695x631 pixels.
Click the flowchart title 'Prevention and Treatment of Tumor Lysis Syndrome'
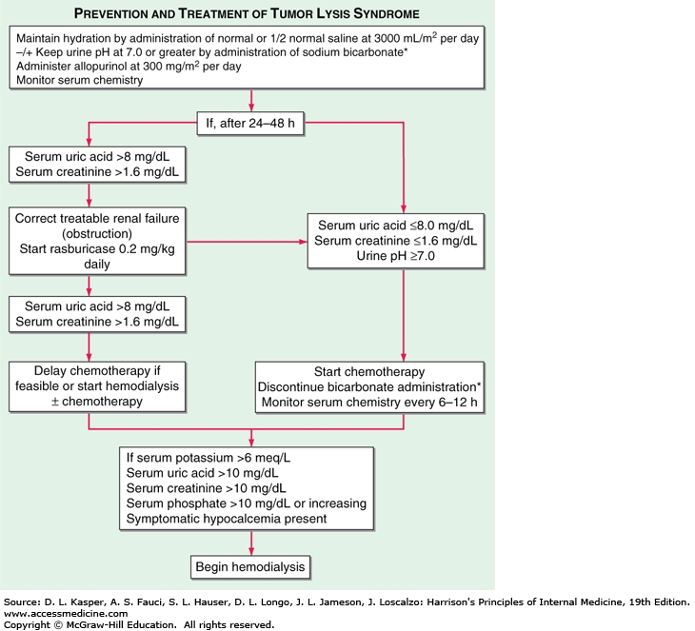pos(251,12)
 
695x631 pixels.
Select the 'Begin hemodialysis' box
pos(251,567)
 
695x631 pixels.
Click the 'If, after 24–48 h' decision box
pos(251,123)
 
